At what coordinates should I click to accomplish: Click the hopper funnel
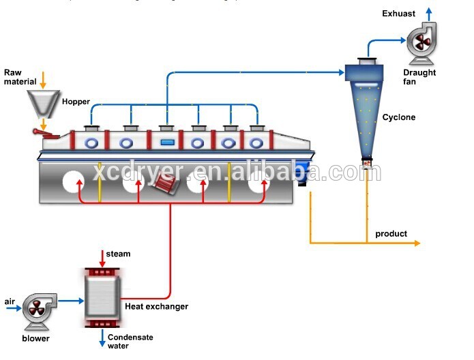42,103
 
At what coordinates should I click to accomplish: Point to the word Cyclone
399,117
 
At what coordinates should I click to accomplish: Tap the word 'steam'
119,254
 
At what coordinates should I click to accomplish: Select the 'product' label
391,234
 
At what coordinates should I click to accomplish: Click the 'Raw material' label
20,77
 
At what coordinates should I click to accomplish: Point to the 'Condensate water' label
130,341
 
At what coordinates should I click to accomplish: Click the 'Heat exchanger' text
156,307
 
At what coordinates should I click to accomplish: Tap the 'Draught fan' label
419,77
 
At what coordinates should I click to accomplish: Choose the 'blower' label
35,339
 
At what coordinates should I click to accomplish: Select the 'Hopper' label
76,102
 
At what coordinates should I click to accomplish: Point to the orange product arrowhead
417,243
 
